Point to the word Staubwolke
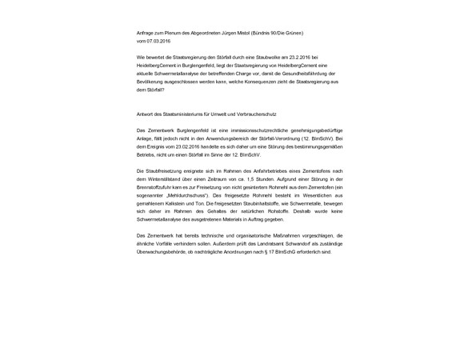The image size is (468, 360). [x=257, y=58]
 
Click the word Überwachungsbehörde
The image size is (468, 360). [x=162, y=250]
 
